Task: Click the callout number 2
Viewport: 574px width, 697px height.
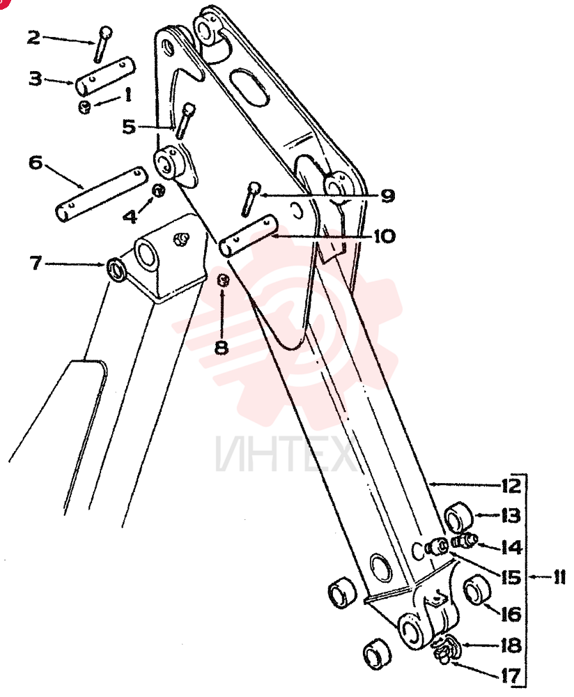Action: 33,38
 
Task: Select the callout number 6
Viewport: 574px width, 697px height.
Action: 36,162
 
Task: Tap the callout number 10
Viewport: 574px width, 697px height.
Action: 385,236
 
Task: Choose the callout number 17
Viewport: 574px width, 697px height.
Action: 511,676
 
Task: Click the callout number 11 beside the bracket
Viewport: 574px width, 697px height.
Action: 559,578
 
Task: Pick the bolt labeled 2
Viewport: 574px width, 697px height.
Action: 102,44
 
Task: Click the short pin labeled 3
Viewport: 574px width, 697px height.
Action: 105,75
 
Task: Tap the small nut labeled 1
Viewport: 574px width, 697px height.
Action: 84,107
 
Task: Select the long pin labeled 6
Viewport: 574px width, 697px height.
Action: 101,194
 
